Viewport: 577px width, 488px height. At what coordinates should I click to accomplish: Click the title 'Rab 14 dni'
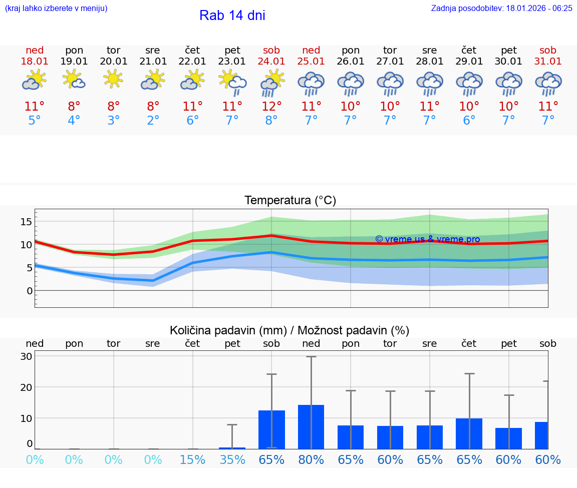pyautogui.click(x=232, y=16)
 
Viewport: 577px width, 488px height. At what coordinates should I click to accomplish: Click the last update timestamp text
pyautogui.click(x=501, y=8)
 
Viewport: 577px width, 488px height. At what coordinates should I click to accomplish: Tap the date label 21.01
pyautogui.click(x=153, y=61)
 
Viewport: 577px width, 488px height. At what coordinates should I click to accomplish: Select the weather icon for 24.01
pyautogui.click(x=271, y=83)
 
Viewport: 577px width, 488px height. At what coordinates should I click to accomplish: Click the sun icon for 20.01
pyautogui.click(x=114, y=79)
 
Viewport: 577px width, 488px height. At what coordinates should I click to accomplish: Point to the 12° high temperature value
pyautogui.click(x=271, y=106)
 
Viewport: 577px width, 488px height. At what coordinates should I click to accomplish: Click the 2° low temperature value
pyautogui.click(x=153, y=121)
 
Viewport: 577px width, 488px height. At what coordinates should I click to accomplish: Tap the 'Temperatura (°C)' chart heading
pyautogui.click(x=290, y=201)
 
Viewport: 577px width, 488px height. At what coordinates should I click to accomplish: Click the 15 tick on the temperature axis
pyautogui.click(x=27, y=222)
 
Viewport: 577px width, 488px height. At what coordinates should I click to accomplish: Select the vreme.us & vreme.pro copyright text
pyautogui.click(x=427, y=239)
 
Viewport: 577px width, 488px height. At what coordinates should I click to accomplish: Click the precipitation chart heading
pyautogui.click(x=290, y=330)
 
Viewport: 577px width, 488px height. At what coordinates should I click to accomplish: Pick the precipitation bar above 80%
pyautogui.click(x=311, y=427)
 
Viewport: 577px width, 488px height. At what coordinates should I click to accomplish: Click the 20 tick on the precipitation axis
pyautogui.click(x=27, y=387)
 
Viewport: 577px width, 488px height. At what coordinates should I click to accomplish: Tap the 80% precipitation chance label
pyautogui.click(x=311, y=459)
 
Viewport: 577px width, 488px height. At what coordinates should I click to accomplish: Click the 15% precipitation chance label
pyautogui.click(x=192, y=459)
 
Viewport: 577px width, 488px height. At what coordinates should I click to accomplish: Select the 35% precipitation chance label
pyautogui.click(x=232, y=459)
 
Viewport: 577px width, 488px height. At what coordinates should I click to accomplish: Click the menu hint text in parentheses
pyautogui.click(x=56, y=8)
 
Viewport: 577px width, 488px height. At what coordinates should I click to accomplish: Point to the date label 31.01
pyautogui.click(x=548, y=61)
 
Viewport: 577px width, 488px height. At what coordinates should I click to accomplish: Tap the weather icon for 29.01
pyautogui.click(x=469, y=84)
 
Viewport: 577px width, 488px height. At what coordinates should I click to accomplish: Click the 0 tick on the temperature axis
pyautogui.click(x=30, y=291)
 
